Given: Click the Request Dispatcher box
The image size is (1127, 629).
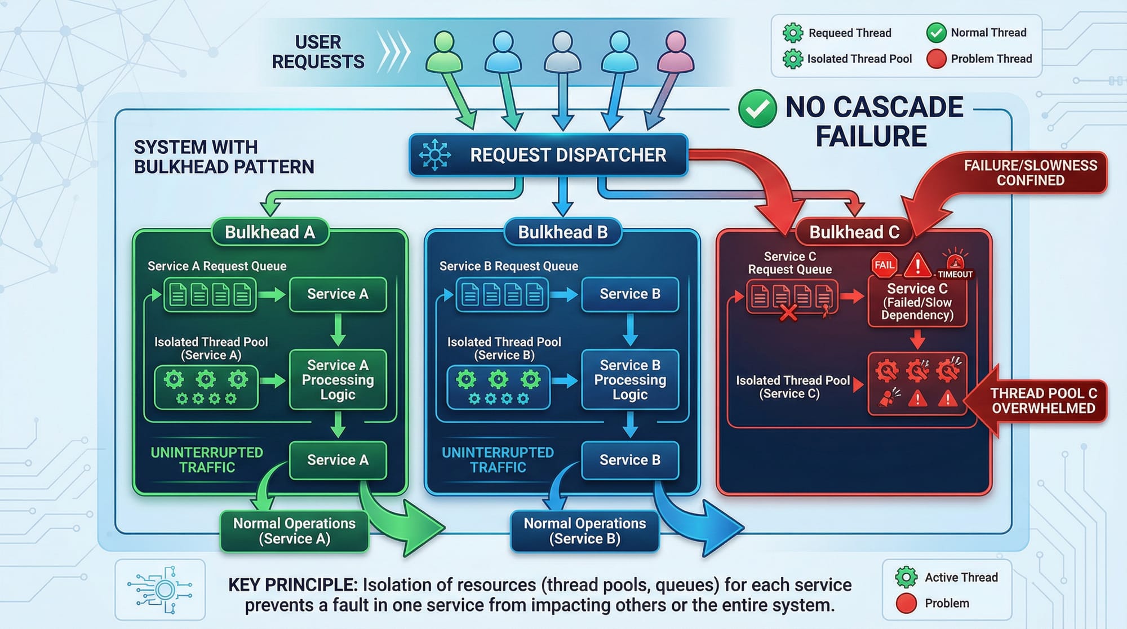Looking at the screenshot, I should [548, 155].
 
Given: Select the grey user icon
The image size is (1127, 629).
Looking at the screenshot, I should [562, 52].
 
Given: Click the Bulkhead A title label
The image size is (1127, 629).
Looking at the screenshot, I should [270, 232].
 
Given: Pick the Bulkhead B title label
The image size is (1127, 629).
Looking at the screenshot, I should [562, 232].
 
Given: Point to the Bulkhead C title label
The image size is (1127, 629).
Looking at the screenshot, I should [854, 232].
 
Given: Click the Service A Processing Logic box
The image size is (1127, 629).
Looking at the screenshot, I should [338, 379].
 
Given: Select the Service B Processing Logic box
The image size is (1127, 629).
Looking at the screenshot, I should [630, 379].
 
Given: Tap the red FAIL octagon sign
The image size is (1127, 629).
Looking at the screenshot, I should [884, 265].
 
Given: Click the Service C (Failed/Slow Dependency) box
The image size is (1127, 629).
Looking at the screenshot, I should [917, 302].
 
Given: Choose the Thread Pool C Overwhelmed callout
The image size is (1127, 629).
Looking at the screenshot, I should [1043, 401].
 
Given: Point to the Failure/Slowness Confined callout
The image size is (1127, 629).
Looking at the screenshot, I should [1030, 173].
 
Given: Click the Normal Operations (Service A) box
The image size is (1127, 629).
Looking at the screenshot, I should [294, 531].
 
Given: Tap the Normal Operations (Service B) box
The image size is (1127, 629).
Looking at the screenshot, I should [584, 531].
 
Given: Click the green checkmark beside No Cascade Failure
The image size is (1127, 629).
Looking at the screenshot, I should [757, 108].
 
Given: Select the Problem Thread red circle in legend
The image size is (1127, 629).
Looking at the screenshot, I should [936, 59].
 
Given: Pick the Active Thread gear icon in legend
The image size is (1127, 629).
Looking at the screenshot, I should [906, 577].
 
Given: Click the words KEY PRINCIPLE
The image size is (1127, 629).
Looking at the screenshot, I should [292, 585].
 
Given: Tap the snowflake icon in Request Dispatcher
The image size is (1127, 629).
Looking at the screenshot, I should [435, 154].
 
